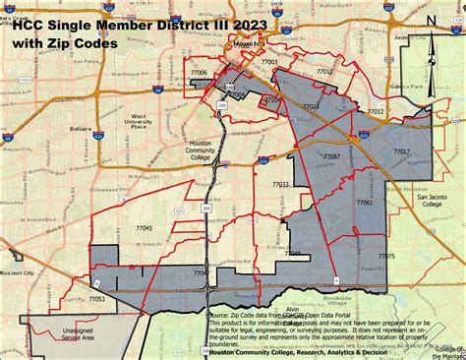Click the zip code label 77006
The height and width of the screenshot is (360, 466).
[x=199, y=72]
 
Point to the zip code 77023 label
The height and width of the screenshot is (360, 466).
[x=310, y=106]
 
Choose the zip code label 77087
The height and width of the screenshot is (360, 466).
[x=331, y=156]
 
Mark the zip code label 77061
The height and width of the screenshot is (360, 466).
[x=365, y=202]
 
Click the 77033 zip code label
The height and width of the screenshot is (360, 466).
[x=280, y=184]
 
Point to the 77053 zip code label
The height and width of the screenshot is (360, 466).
[x=97, y=298]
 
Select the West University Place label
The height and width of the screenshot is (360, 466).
[x=146, y=121]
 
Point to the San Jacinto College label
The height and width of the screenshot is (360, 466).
[x=433, y=201]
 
